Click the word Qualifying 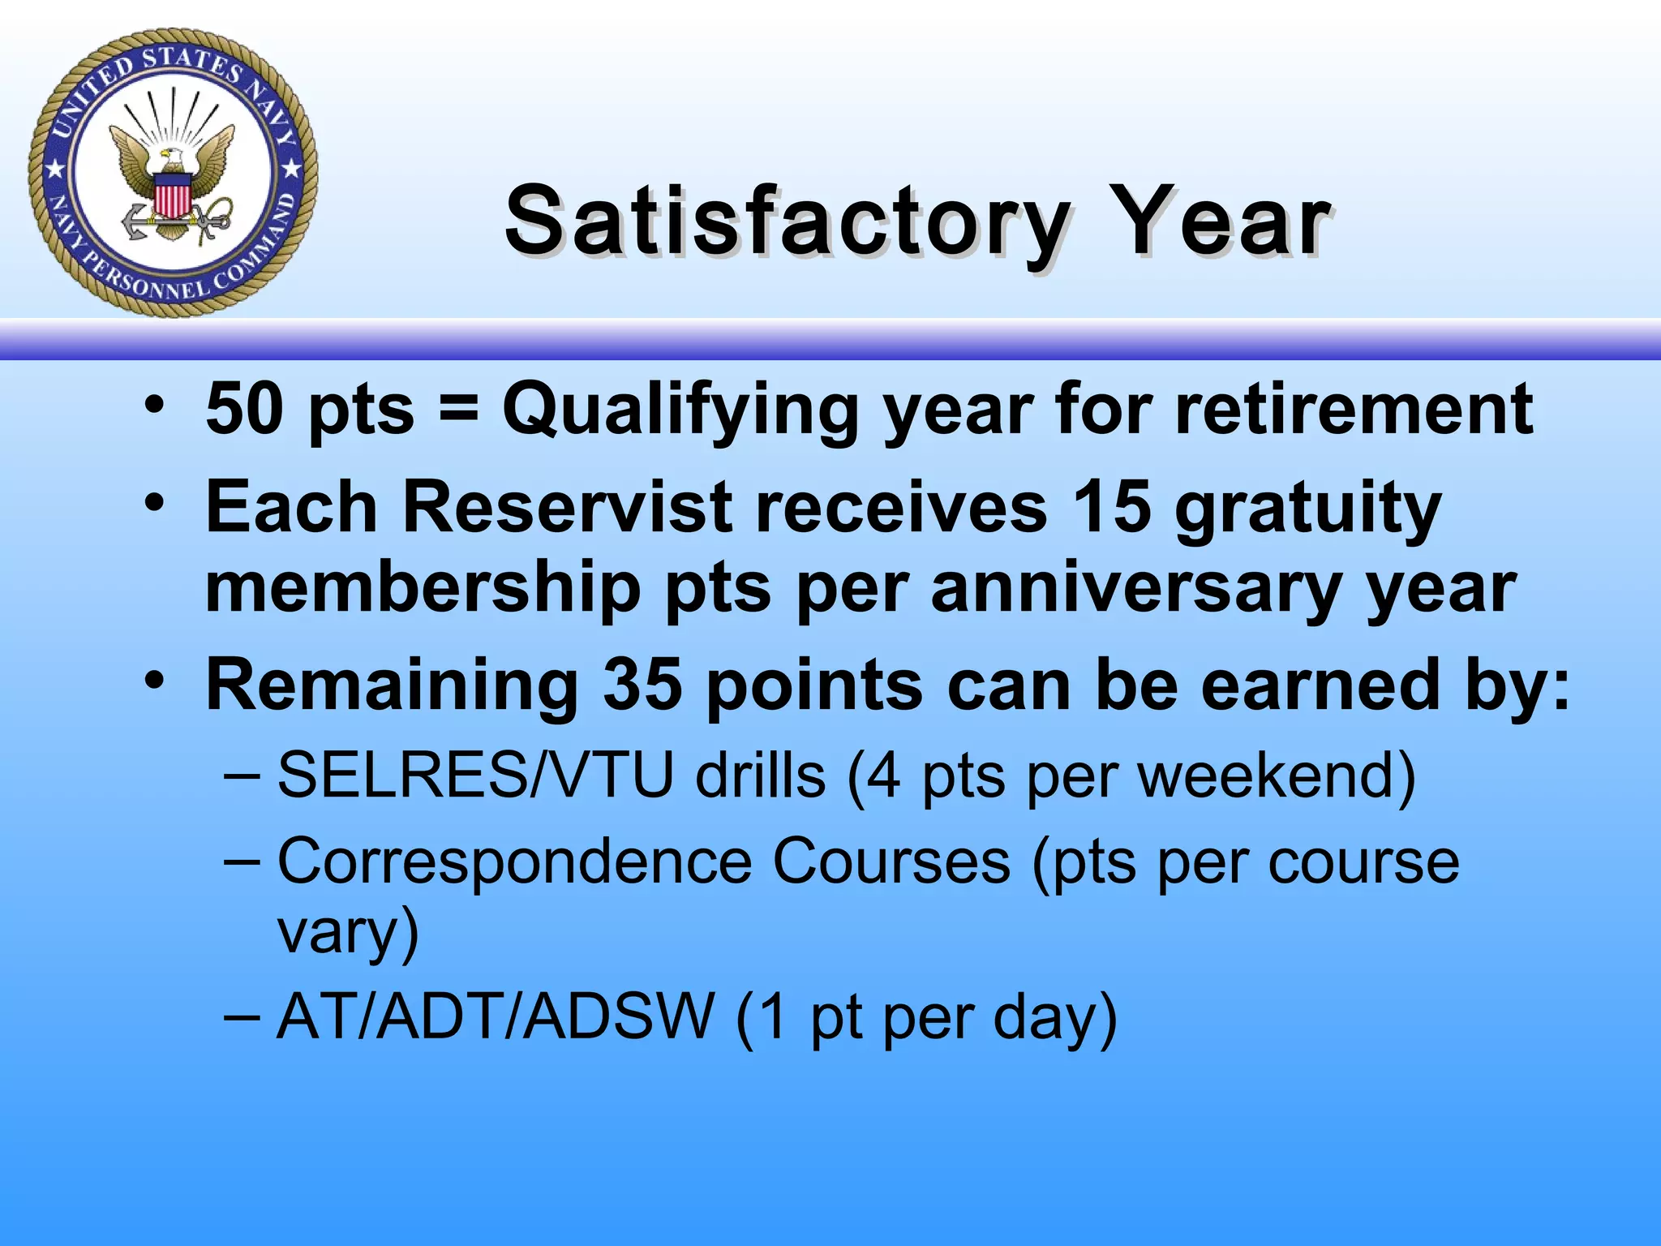click(680, 410)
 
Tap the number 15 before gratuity click(1111, 508)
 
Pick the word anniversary click(1135, 588)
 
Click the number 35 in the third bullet click(642, 685)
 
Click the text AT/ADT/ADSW click(495, 1016)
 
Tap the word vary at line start click(347, 933)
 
